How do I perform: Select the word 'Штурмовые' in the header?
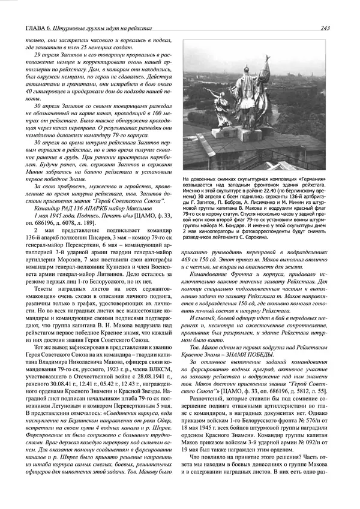coord(77,28)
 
